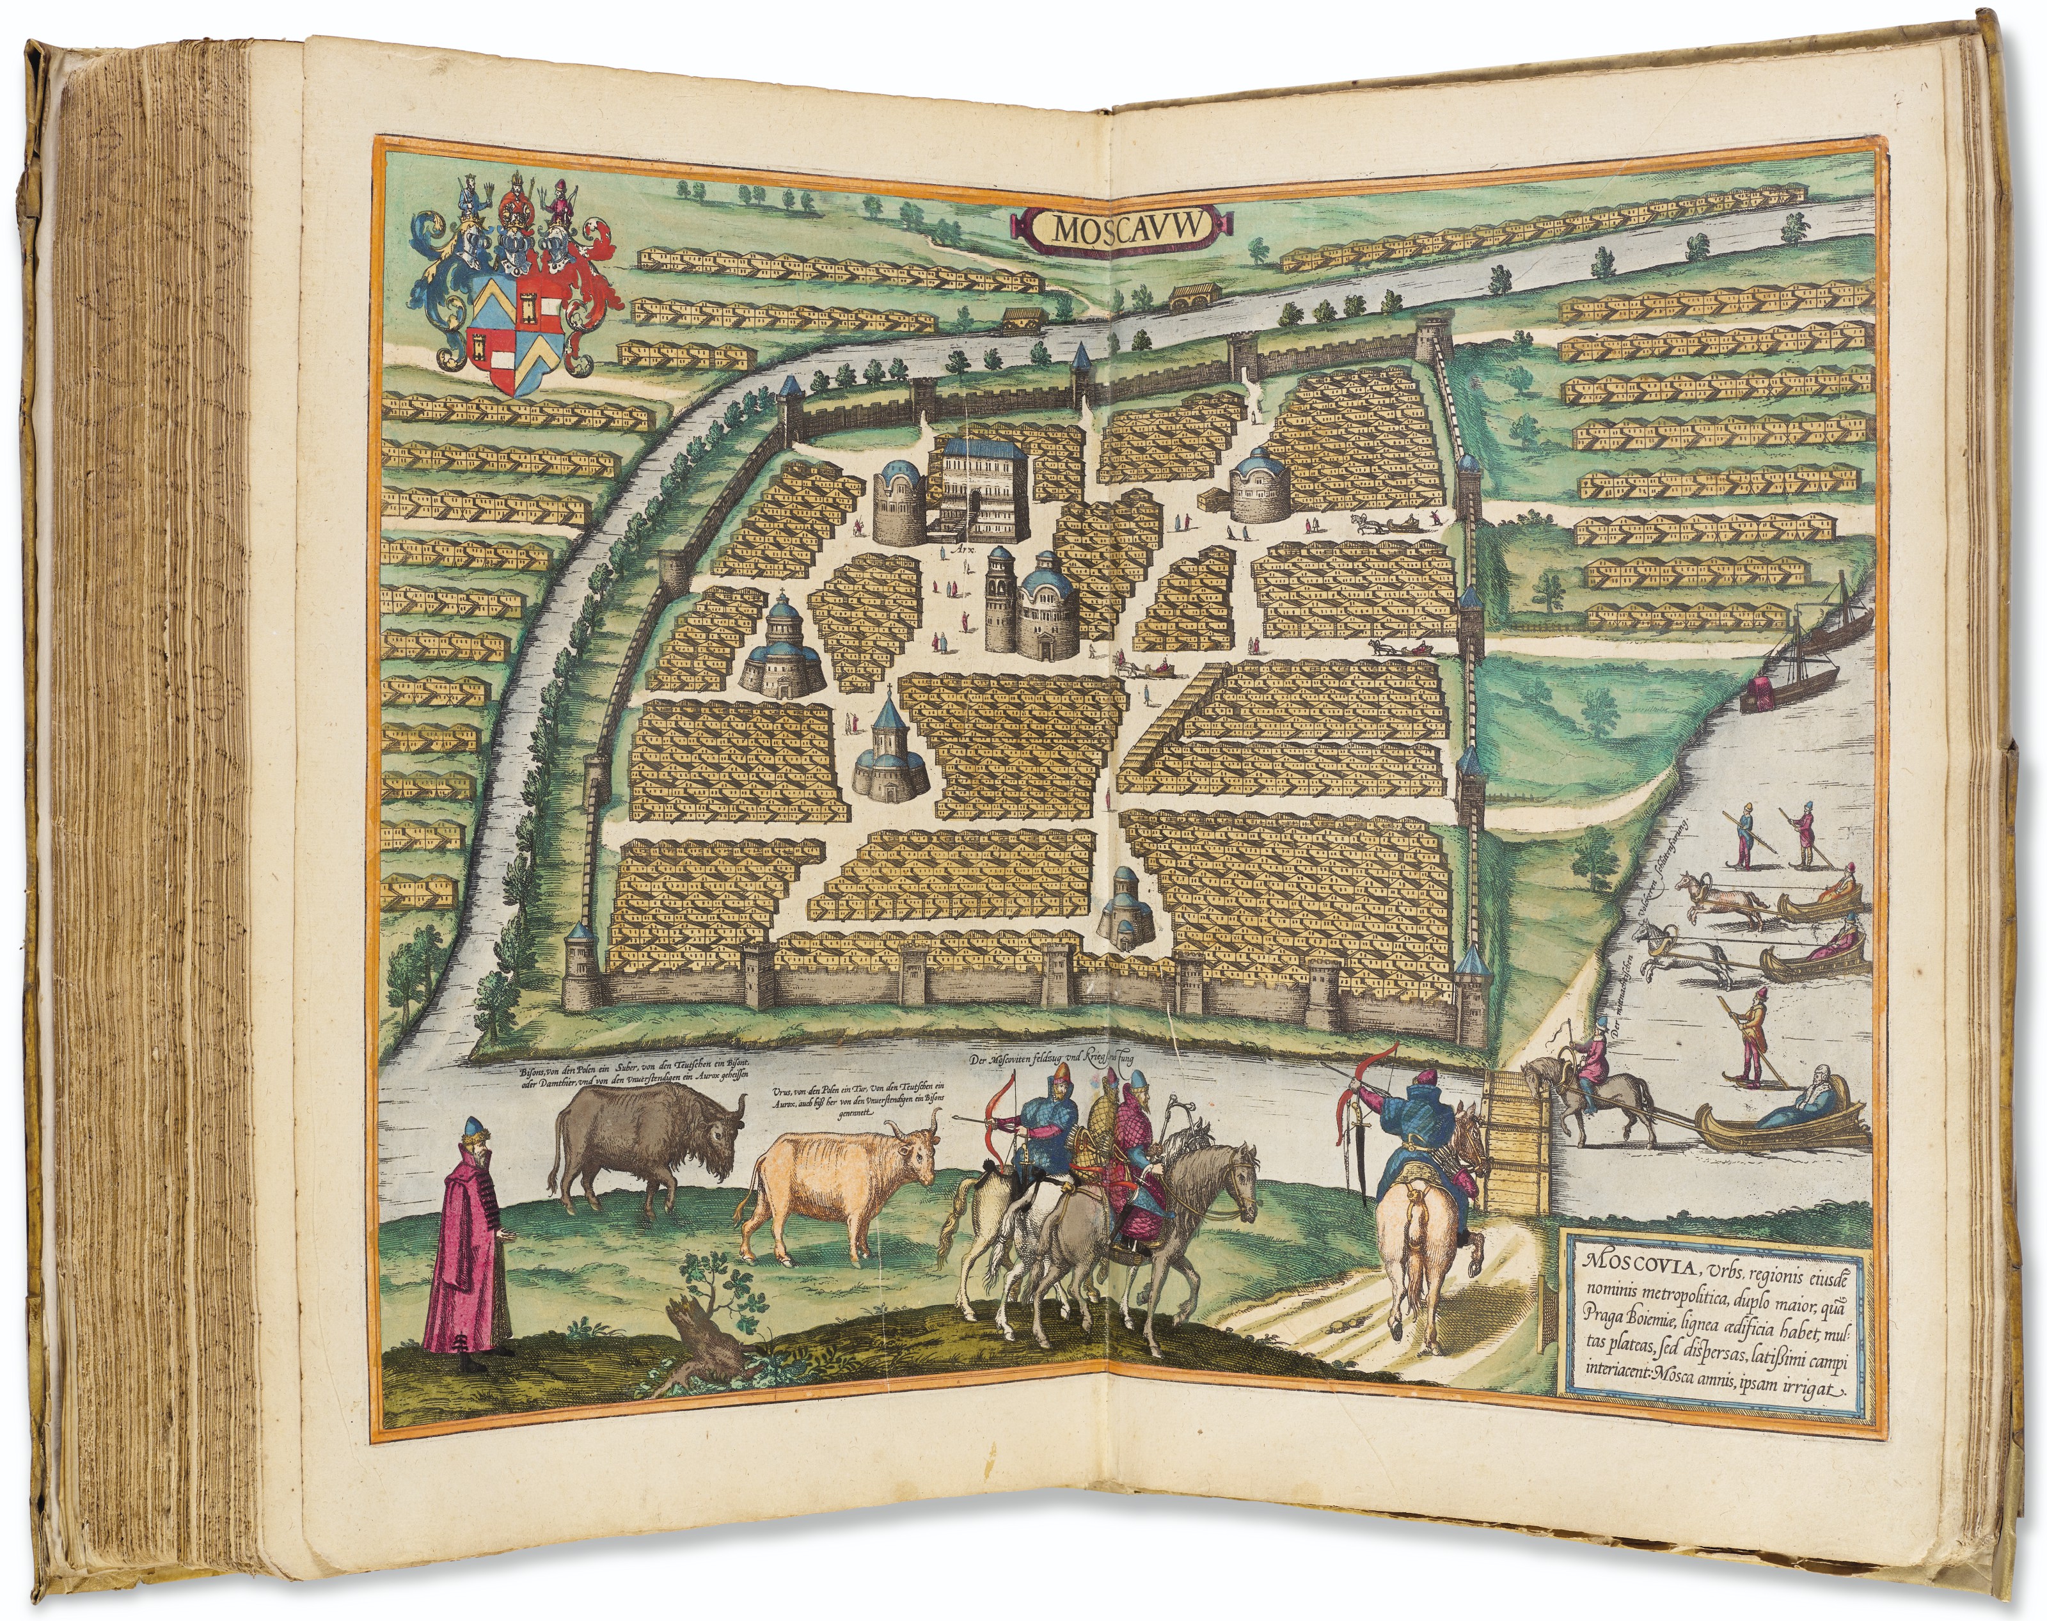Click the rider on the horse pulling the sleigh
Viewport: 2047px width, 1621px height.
1594,1072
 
